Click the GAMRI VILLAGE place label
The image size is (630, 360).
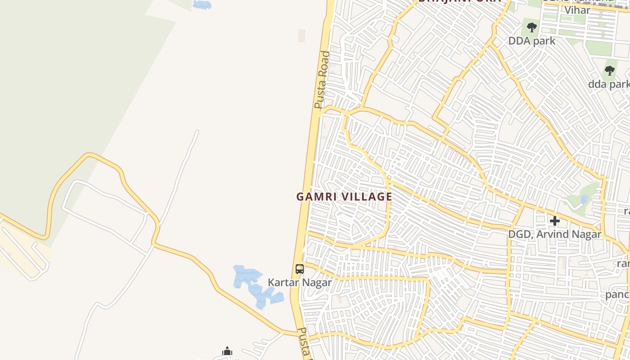344,197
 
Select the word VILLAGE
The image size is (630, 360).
366,197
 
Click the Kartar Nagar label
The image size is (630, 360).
300,283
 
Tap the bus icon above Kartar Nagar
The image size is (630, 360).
300,269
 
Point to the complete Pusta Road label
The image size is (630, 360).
322,80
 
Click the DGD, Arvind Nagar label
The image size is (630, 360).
554,234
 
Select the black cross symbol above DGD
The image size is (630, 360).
554,221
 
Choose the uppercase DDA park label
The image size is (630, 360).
531,41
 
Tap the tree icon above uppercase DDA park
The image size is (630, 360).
532,27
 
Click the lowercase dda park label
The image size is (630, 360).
609,84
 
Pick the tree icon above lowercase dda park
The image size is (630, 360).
610,71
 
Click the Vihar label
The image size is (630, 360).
577,10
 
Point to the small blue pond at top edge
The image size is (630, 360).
202,4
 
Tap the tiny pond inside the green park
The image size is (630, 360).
584,199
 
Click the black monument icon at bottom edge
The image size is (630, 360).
227,351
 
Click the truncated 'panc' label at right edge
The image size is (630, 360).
617,294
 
